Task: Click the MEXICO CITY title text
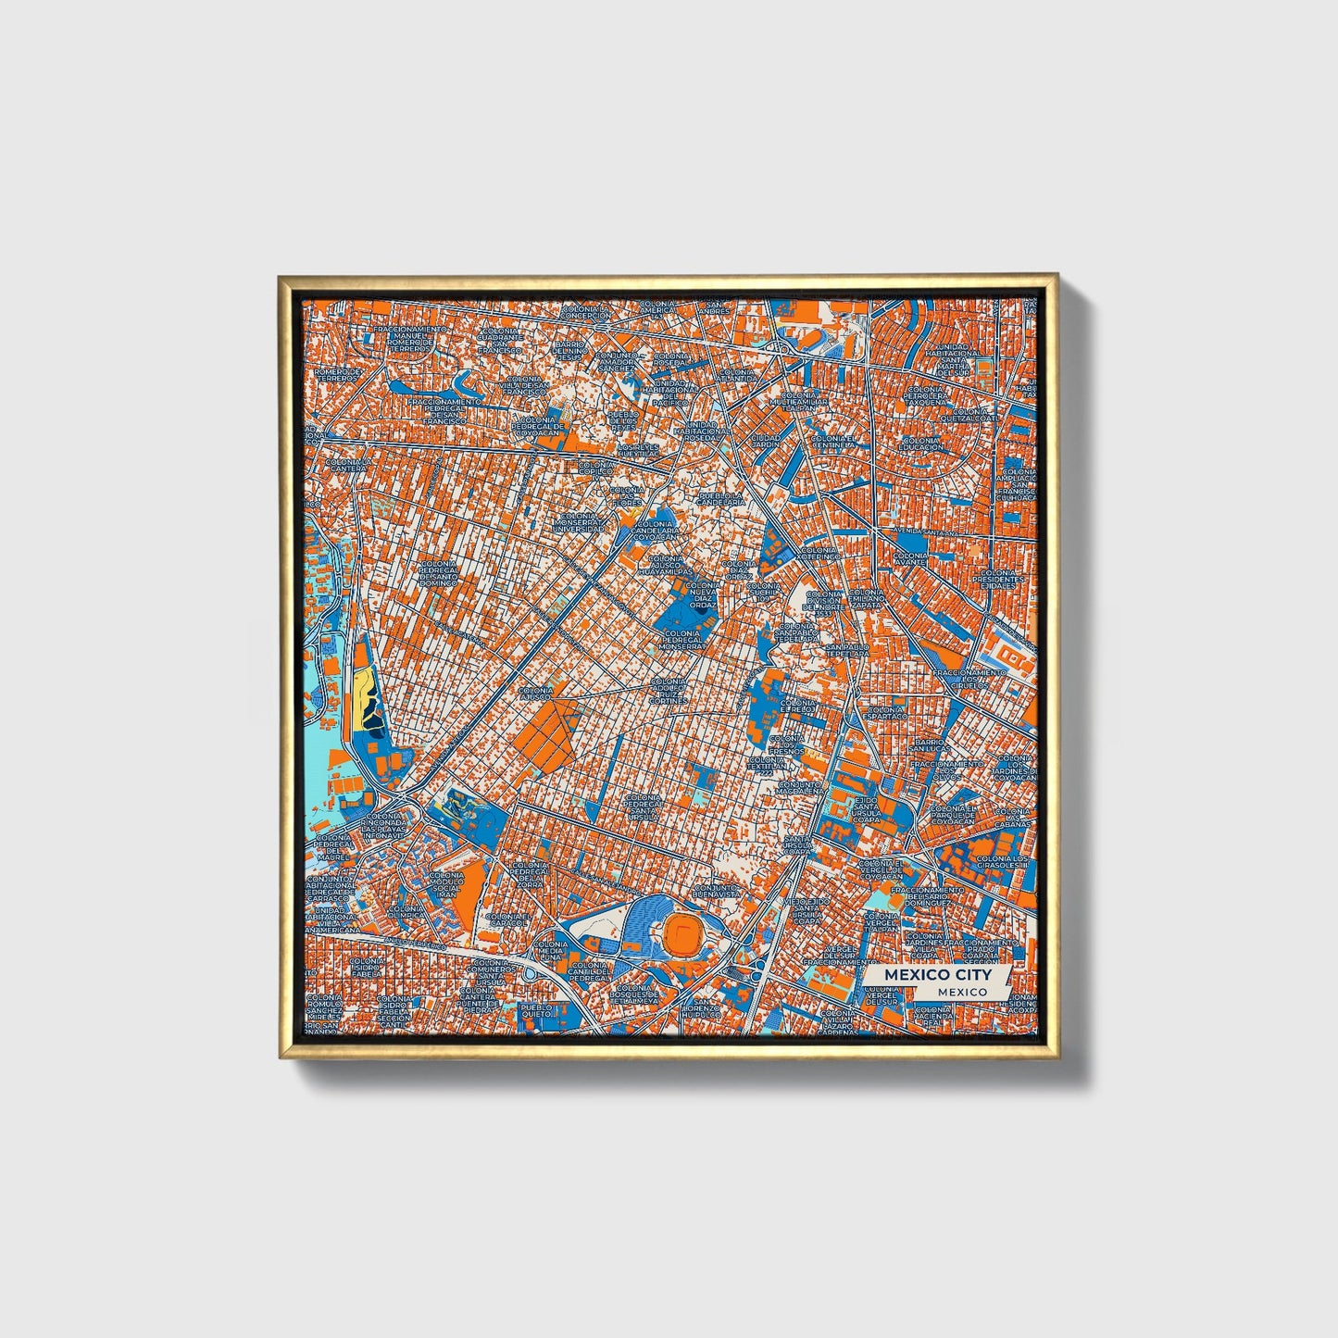pos(936,975)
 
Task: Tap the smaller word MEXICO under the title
pos(960,991)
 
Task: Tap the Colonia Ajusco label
pos(536,695)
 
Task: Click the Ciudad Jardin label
pos(766,441)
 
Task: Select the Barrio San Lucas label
pos(929,746)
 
